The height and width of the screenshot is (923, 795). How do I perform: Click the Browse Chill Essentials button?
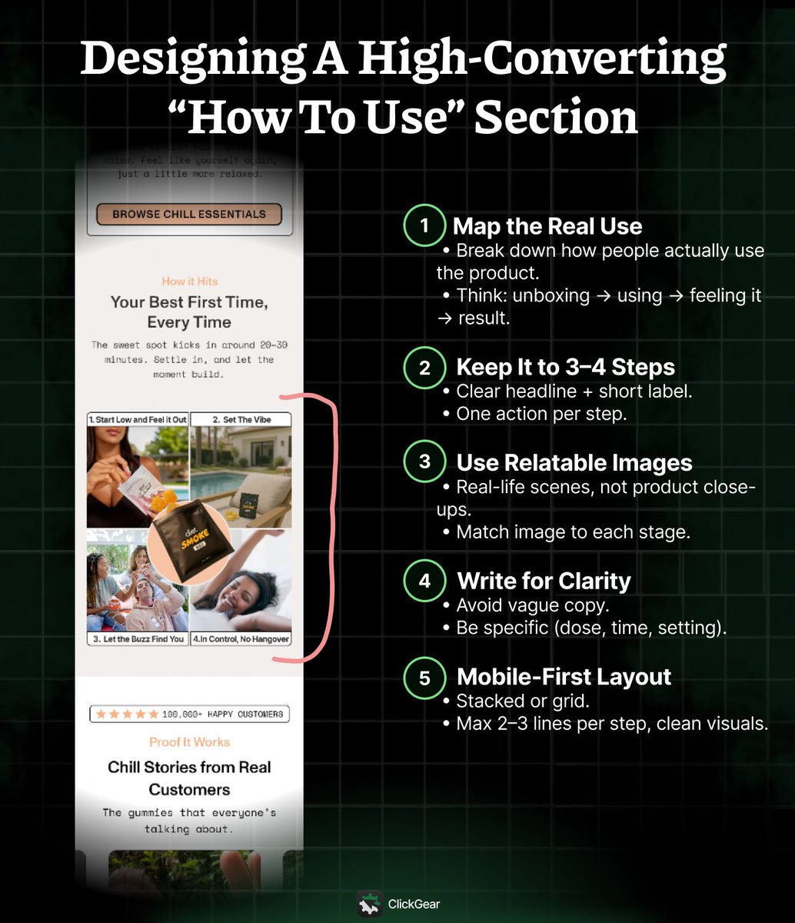(189, 215)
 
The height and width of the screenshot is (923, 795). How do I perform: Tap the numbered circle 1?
(424, 226)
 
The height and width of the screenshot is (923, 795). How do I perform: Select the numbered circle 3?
(424, 462)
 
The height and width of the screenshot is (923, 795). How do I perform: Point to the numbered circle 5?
(424, 677)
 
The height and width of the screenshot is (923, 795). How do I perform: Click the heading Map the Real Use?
(547, 226)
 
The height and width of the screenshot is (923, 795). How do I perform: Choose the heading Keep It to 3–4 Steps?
(567, 367)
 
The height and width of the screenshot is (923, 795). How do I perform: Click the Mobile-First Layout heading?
(564, 677)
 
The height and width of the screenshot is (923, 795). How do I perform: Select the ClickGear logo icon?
(370, 905)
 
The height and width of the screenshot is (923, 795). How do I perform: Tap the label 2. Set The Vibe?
(241, 419)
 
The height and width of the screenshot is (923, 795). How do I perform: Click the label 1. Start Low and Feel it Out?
(138, 419)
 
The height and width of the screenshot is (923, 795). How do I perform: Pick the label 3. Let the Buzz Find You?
(138, 638)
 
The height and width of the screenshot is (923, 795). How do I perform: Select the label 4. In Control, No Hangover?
(241, 638)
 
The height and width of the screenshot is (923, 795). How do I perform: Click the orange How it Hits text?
(189, 282)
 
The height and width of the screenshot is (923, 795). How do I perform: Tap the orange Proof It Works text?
(189, 742)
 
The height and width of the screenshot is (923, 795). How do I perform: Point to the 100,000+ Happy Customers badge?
(189, 714)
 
